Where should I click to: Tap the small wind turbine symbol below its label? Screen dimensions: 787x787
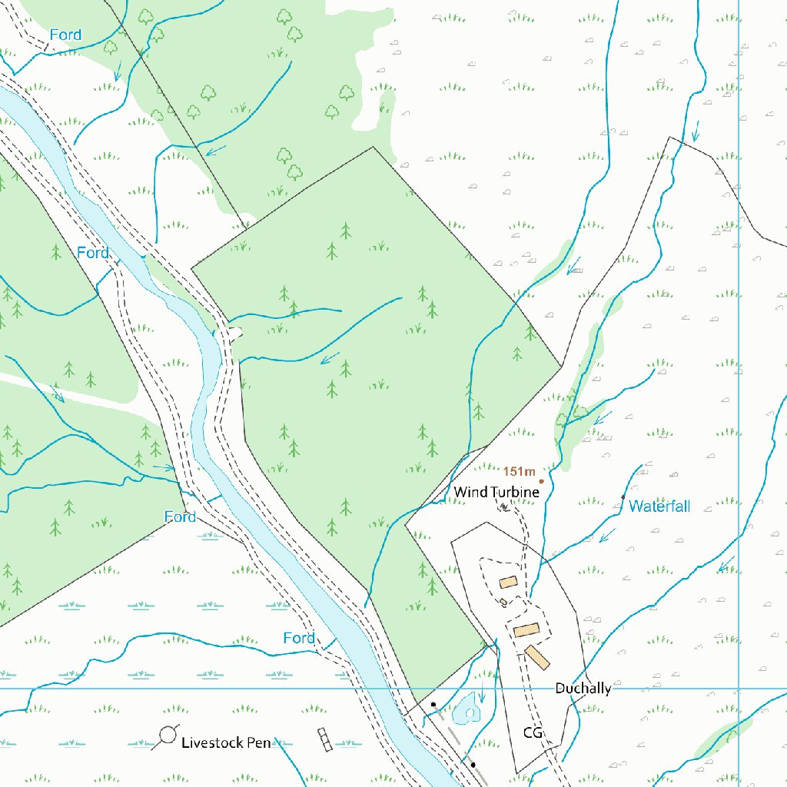pyautogui.click(x=503, y=506)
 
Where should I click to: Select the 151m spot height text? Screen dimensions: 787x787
pyautogui.click(x=519, y=471)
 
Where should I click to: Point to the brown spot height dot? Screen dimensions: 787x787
pyautogui.click(x=541, y=482)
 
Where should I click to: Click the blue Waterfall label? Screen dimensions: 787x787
pyautogui.click(x=659, y=506)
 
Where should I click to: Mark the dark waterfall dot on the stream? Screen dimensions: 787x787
pyautogui.click(x=623, y=498)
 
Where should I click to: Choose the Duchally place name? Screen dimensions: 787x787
pyautogui.click(x=583, y=688)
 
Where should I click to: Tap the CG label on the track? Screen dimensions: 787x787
pyautogui.click(x=533, y=732)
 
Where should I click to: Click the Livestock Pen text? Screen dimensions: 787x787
pyautogui.click(x=226, y=743)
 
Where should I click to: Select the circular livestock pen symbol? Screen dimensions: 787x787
pyautogui.click(x=165, y=739)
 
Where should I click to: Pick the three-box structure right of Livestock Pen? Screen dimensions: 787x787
pyautogui.click(x=325, y=739)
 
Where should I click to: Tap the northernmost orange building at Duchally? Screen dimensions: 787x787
pyautogui.click(x=507, y=583)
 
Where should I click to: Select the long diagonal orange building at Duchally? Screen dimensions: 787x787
pyautogui.click(x=538, y=657)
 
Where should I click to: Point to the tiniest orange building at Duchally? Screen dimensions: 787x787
pyautogui.click(x=503, y=602)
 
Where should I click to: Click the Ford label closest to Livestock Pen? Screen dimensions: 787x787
pyautogui.click(x=299, y=638)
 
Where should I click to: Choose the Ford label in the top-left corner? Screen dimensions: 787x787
pyautogui.click(x=65, y=35)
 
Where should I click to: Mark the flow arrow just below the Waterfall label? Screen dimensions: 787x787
pyautogui.click(x=608, y=534)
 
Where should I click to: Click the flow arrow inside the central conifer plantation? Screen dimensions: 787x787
pyautogui.click(x=330, y=358)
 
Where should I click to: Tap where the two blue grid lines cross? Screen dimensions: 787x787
pyautogui.click(x=739, y=689)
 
